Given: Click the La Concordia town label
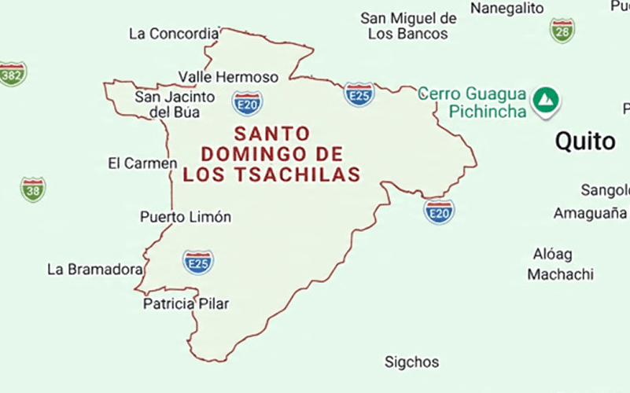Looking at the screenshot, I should (174, 34).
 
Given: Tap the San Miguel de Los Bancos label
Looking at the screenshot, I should (408, 26).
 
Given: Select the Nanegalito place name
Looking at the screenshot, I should (507, 8).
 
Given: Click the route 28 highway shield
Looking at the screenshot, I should (562, 31).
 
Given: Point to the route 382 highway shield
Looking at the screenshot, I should (12, 73).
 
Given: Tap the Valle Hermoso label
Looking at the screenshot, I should (228, 77).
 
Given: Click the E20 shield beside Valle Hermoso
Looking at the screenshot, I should (247, 102).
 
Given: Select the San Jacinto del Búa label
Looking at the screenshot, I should (175, 105).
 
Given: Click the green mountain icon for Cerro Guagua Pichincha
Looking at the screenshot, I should (545, 101).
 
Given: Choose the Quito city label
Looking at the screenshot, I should (585, 141).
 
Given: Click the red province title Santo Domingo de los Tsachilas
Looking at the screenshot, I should (271, 154).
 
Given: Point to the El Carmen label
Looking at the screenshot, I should (142, 163).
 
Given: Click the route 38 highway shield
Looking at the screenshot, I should (33, 189).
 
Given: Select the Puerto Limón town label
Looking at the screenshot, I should (186, 217).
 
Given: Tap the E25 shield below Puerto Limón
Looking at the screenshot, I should (198, 262).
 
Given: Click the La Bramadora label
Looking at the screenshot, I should (94, 270).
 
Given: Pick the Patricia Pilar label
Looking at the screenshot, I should (186, 303).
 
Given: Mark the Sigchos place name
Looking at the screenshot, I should (411, 362).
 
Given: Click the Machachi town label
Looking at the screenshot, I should (560, 275).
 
